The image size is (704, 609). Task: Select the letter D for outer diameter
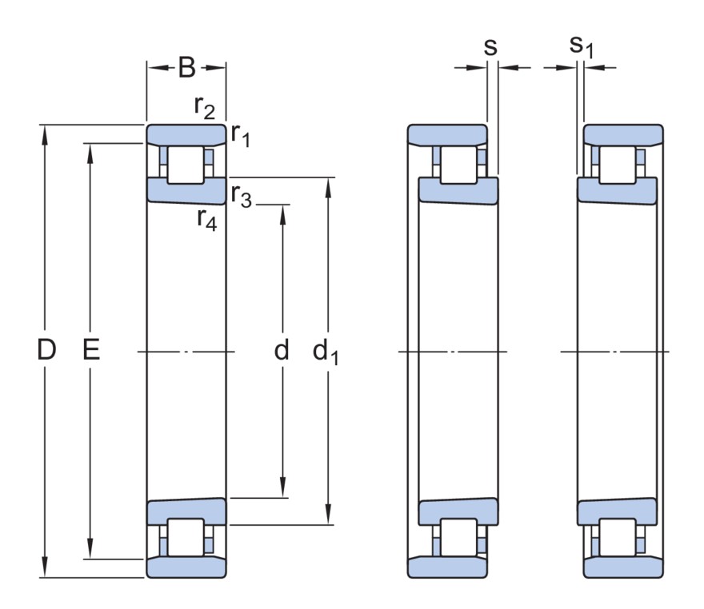47,350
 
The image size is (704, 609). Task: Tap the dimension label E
91,350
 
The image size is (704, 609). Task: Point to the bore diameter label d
282,350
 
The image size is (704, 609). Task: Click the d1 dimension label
325,352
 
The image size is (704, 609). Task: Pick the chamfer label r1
241,136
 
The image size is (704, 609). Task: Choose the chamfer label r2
205,107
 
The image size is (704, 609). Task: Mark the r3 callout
241,194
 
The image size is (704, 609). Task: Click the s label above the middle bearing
491,47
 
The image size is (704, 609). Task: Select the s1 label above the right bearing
582,47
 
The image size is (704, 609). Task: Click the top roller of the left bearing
186,162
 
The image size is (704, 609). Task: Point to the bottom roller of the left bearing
186,538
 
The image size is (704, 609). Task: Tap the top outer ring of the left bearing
186,133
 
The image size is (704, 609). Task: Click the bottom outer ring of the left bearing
186,567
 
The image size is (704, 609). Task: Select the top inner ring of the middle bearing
458,190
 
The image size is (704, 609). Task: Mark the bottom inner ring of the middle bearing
458,511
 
